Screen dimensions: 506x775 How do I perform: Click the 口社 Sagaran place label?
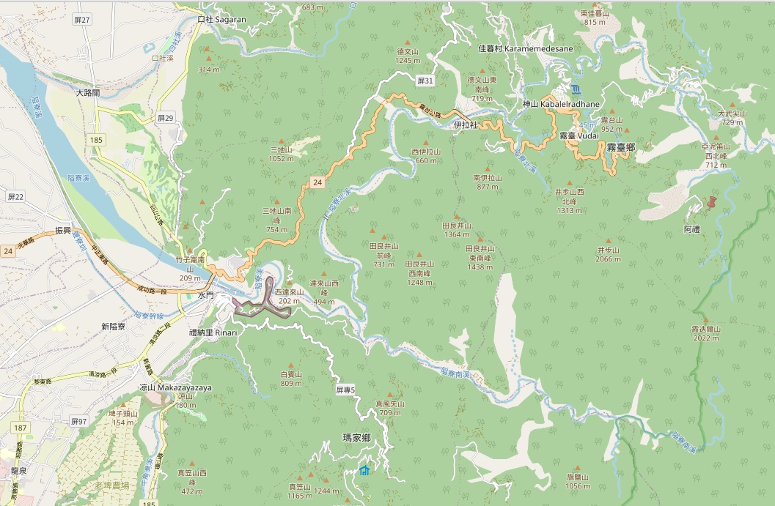(x=222, y=20)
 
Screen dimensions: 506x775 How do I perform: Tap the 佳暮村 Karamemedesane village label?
(x=525, y=48)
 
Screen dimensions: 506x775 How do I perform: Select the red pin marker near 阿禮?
(x=710, y=203)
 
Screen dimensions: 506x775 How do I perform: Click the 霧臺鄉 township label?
(x=620, y=147)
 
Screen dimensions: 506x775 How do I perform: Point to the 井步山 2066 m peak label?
(x=609, y=254)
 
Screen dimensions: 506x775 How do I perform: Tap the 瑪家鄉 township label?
(x=356, y=438)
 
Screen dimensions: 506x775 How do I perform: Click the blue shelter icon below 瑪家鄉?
(x=364, y=470)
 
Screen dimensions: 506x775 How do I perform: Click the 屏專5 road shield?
(x=345, y=390)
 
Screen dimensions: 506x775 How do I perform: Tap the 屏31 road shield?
(x=425, y=80)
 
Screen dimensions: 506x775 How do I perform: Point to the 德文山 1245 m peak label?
(x=407, y=56)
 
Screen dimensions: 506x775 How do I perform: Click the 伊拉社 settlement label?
(x=466, y=125)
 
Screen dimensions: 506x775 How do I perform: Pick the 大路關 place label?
(x=88, y=93)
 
